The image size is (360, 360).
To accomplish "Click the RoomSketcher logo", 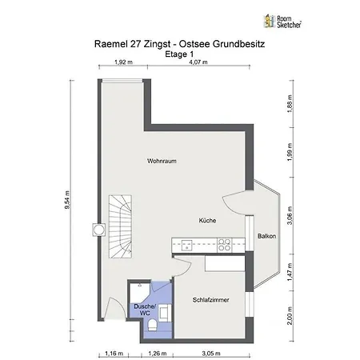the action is [282, 22].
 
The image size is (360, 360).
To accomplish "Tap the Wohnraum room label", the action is [162, 161].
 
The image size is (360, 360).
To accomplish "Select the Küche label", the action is [207, 221].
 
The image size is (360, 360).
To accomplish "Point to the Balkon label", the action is [266, 236].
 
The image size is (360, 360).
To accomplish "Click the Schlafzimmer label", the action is [211, 300].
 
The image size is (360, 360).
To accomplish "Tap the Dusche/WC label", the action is [145, 310].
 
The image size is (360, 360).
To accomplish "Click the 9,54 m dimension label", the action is [67, 200].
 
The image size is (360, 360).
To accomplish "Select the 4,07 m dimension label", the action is [198, 62].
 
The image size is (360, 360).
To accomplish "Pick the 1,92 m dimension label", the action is [123, 62].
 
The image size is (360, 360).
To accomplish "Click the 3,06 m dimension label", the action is [290, 215].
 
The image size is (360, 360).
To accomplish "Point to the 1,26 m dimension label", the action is [158, 354].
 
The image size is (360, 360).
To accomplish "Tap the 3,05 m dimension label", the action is [211, 354].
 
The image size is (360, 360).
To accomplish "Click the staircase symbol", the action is [120, 226].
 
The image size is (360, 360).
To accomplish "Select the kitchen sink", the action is [187, 246].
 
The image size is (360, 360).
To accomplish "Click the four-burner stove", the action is [224, 246].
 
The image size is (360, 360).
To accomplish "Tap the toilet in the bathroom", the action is [153, 326].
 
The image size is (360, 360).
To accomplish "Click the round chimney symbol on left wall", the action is [98, 230].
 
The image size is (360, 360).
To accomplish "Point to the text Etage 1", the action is [179, 54].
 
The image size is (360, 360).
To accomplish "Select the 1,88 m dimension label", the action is [290, 104].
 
